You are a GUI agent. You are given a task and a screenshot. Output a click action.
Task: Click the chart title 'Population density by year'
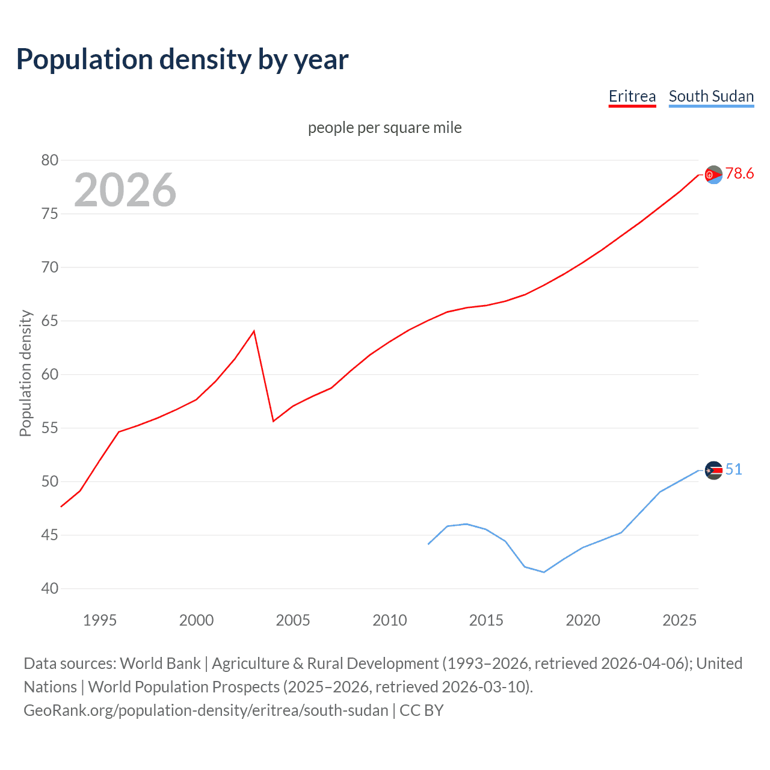182,59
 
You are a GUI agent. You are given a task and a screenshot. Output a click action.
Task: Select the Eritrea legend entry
632,96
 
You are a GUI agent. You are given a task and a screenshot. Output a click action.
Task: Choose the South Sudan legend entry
711,96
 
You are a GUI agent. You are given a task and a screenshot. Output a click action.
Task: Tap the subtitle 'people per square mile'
384,128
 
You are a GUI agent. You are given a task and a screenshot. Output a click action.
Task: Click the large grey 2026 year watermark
125,190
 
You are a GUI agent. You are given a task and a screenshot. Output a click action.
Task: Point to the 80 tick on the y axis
50,160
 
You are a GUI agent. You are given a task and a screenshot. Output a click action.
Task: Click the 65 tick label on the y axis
50,321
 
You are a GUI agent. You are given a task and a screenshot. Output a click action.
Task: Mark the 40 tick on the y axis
50,588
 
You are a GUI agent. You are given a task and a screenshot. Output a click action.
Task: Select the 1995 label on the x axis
100,620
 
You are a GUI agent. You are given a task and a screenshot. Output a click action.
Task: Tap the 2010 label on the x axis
390,620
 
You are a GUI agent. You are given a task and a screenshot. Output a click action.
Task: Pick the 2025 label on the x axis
679,620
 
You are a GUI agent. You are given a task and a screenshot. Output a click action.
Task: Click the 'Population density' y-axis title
25,373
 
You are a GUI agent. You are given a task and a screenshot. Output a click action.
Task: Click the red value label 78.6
739,174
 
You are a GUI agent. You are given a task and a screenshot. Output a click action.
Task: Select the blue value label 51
733,470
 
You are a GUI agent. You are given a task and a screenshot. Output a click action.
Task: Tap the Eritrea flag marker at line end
713,175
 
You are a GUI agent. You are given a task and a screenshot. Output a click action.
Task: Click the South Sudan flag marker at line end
713,470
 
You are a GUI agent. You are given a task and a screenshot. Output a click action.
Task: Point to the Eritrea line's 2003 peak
254,331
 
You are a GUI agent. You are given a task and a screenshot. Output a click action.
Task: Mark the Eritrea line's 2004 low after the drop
274,420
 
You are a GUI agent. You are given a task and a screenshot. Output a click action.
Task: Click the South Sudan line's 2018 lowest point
544,572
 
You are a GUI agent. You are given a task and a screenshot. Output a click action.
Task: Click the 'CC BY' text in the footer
421,710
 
